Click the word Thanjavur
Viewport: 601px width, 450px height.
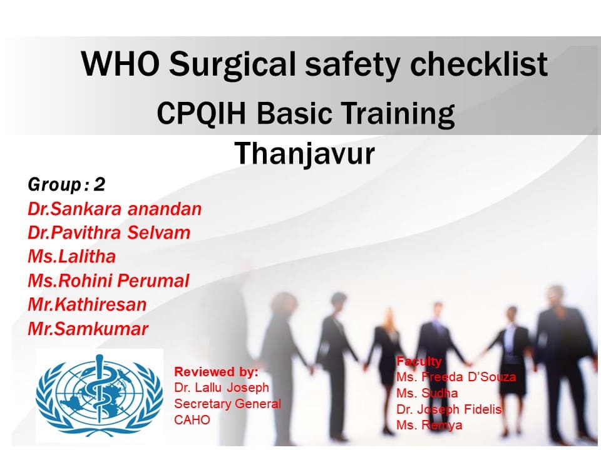[304, 153]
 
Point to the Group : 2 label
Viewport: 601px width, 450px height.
[66, 184]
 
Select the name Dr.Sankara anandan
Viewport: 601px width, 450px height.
[115, 209]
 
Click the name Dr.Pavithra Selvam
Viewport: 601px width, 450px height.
[109, 232]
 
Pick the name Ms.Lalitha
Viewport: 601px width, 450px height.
[71, 256]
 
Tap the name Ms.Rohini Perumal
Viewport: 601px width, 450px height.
[108, 281]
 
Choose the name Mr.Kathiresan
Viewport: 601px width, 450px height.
[87, 304]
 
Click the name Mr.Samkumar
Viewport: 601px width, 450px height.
[88, 329]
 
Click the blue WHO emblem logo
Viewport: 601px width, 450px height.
[99, 394]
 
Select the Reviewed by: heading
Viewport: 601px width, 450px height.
[216, 372]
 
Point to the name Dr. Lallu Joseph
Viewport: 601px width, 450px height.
[222, 387]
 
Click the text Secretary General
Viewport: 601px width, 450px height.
[227, 404]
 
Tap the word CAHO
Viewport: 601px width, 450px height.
[192, 420]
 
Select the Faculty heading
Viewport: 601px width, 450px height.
[419, 361]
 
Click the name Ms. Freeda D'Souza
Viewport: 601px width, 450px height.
[456, 377]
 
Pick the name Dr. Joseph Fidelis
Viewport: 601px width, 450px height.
[449, 409]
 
